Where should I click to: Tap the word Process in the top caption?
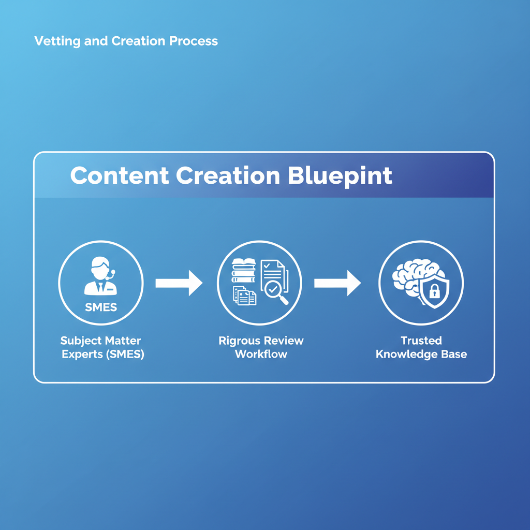tap(194, 41)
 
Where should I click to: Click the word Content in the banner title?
tap(119, 176)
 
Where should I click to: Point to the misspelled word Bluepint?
tap(340, 176)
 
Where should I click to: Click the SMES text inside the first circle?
tap(101, 307)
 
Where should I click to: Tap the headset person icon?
tap(100, 277)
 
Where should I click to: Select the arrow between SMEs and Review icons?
tap(179, 283)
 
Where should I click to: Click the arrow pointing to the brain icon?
tap(337, 283)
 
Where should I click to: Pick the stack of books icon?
tap(243, 271)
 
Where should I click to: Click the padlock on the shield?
tap(434, 292)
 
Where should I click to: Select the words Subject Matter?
tap(100, 341)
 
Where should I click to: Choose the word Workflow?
tap(261, 355)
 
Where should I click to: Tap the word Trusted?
tap(421, 341)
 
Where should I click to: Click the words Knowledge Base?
tap(421, 355)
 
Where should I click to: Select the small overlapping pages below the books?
tap(244, 296)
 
